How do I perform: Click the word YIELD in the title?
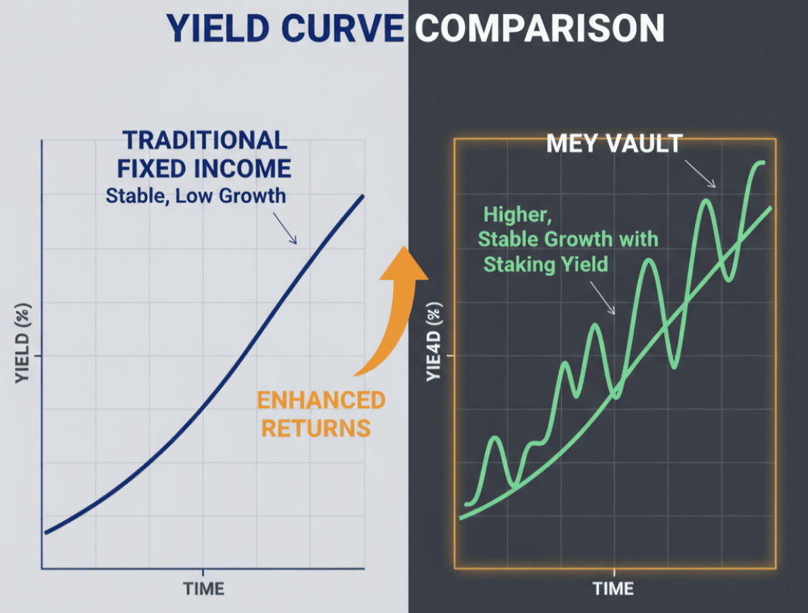click(217, 28)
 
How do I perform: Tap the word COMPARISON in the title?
click(539, 28)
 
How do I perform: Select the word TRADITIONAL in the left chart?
click(204, 140)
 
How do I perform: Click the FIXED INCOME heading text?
click(204, 169)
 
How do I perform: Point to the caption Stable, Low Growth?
click(196, 196)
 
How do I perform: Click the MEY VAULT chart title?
click(615, 144)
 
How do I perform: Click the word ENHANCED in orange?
click(321, 400)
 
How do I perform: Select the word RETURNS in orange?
click(316, 428)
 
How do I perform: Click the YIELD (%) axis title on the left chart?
click(22, 343)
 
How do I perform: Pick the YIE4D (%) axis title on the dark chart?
click(434, 341)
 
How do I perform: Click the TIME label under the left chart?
click(204, 589)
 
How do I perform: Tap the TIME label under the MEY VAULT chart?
click(613, 588)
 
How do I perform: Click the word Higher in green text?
click(517, 215)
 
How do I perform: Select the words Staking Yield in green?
click(546, 264)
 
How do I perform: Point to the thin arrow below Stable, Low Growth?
click(285, 229)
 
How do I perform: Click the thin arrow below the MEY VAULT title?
click(700, 174)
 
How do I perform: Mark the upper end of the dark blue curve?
click(363, 196)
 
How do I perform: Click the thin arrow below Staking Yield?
click(602, 298)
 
